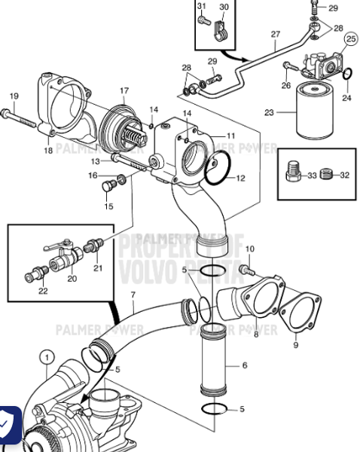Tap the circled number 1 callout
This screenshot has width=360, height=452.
click(47, 357)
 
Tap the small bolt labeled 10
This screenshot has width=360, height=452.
click(244, 269)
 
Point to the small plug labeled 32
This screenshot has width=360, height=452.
click(326, 175)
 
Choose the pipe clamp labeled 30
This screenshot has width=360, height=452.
click(221, 31)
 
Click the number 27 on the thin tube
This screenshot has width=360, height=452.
click(275, 34)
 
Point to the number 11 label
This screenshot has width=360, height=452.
click(230, 136)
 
